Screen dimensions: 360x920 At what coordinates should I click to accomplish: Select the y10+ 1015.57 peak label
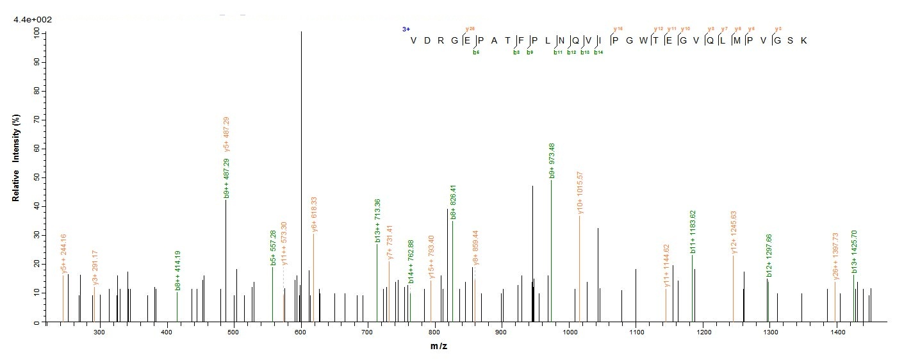[580, 193]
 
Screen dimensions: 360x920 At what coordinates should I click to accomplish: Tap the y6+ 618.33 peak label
[313, 215]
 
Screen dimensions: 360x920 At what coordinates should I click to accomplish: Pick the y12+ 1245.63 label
[734, 233]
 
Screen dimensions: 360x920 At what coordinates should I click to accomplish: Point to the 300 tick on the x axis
[99, 331]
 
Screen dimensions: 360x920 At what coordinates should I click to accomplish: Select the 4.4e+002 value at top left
[33, 20]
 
